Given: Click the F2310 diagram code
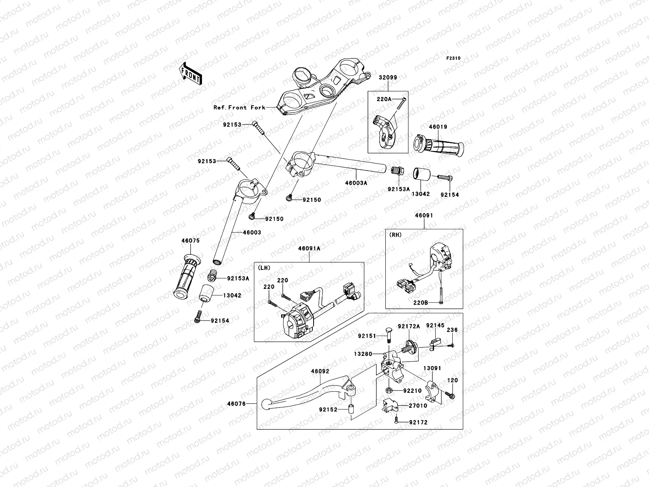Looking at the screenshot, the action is pyautogui.click(x=453, y=58).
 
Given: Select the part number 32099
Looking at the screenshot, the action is pyautogui.click(x=388, y=78).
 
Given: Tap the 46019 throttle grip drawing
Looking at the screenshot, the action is pyautogui.click(x=438, y=146).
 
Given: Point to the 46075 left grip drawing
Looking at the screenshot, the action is pyautogui.click(x=187, y=276).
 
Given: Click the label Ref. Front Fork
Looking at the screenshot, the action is pyautogui.click(x=239, y=108).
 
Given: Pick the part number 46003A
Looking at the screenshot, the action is pyautogui.click(x=356, y=183).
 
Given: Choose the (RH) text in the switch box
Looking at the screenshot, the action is pyautogui.click(x=395, y=235).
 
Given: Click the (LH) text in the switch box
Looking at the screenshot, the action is pyautogui.click(x=264, y=268).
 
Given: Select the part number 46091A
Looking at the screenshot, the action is pyautogui.click(x=309, y=249).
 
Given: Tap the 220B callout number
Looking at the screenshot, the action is pyautogui.click(x=421, y=303).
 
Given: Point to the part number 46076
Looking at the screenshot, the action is pyautogui.click(x=236, y=404).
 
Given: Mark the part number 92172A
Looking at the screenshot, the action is pyautogui.click(x=408, y=326).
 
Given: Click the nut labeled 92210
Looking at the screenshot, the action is pyautogui.click(x=389, y=390).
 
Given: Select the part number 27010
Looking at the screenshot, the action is pyautogui.click(x=418, y=406).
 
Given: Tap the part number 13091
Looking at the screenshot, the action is pyautogui.click(x=432, y=368).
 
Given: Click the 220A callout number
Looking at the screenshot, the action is pyautogui.click(x=384, y=99).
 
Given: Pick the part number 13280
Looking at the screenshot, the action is pyautogui.click(x=363, y=354).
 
